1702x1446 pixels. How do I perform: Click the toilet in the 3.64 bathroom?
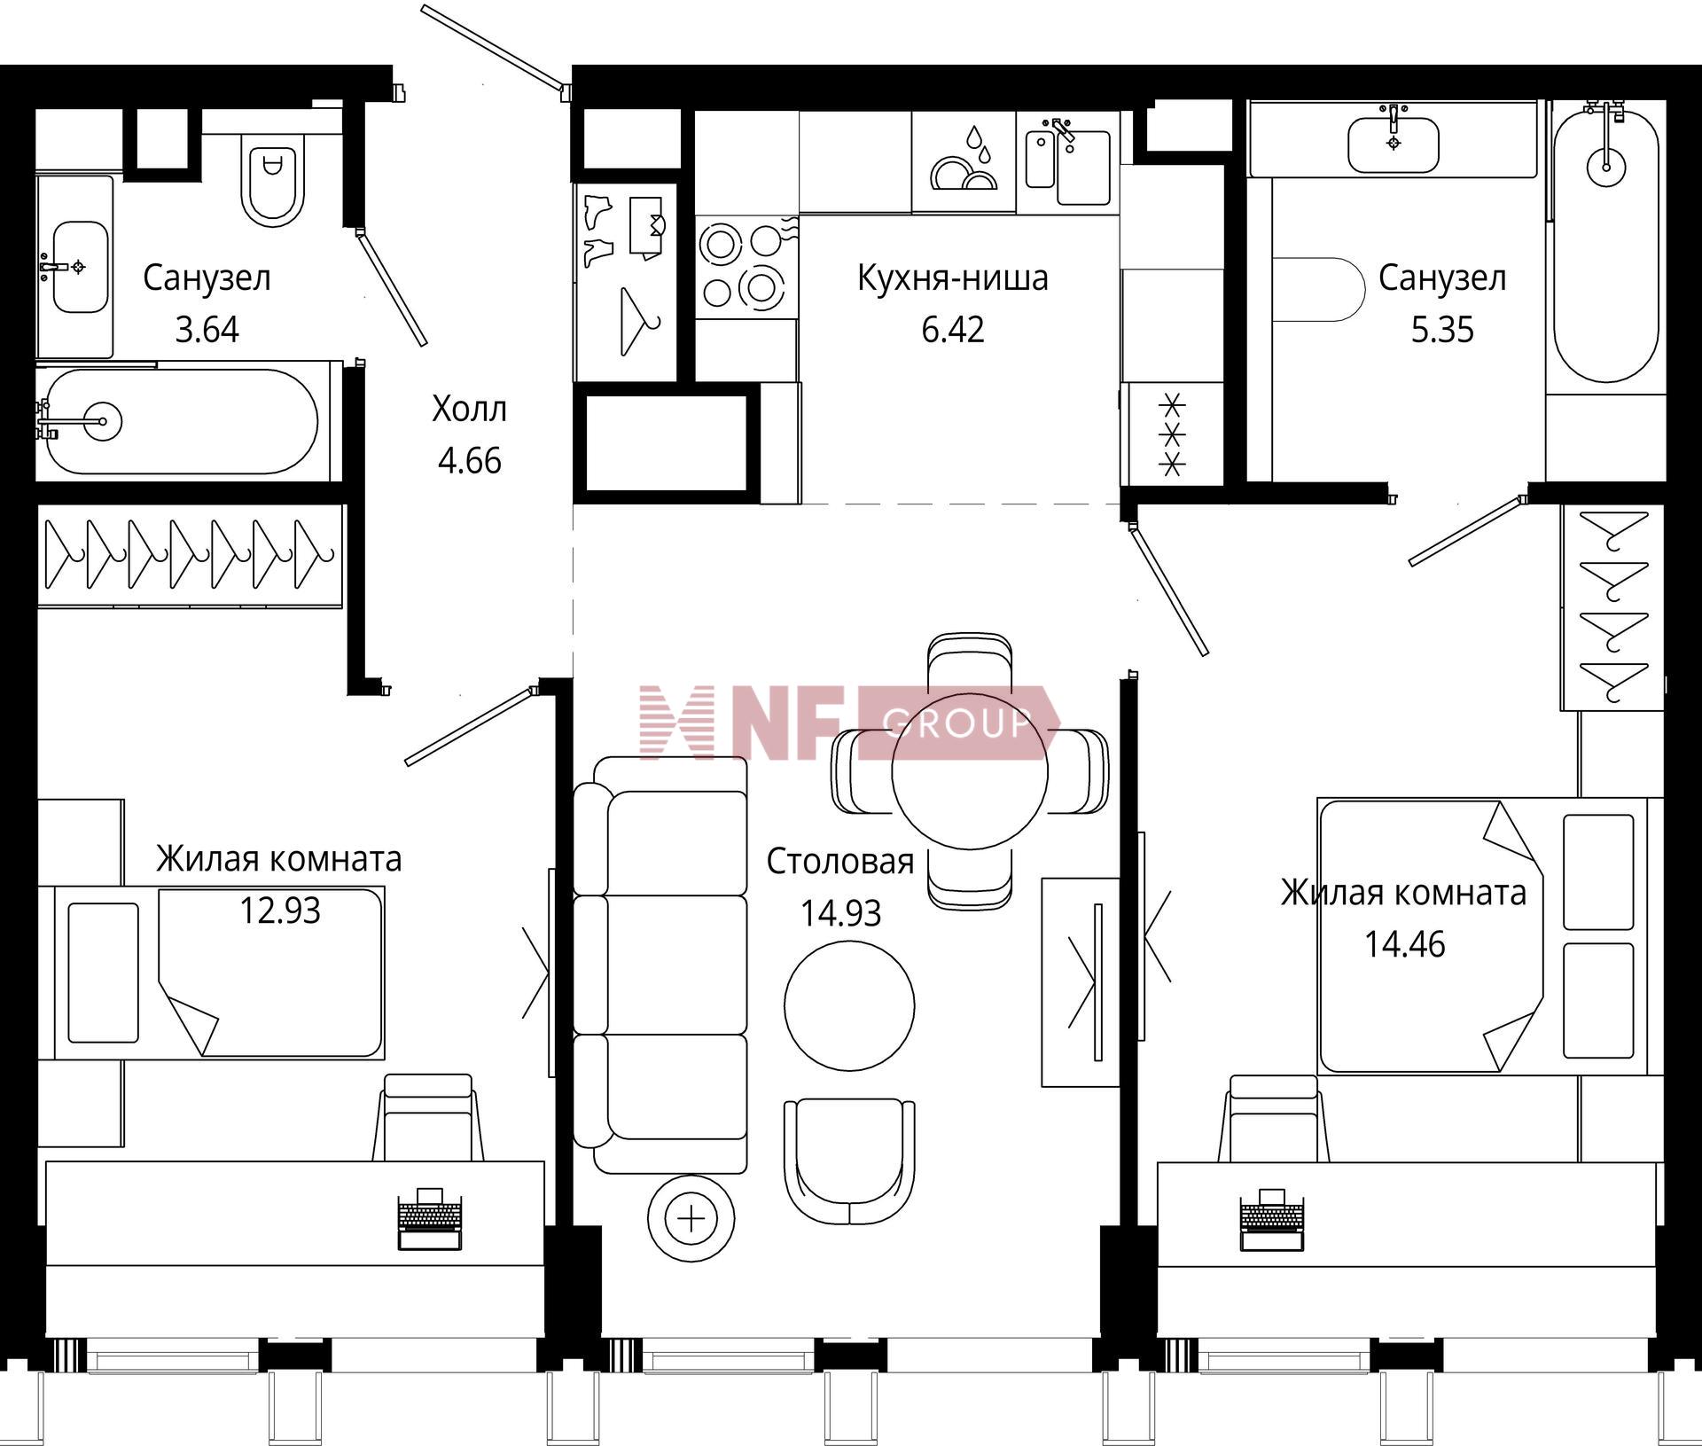(273, 182)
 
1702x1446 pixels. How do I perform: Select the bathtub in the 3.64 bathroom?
(182, 421)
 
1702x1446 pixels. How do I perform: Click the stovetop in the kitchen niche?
(746, 267)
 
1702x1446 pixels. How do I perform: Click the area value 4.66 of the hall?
(469, 461)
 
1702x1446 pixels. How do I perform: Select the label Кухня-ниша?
(952, 278)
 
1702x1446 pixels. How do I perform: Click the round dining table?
(970, 771)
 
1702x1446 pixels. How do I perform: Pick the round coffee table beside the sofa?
(849, 1005)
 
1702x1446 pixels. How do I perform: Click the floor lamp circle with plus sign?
(691, 1219)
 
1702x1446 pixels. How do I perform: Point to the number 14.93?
(840, 913)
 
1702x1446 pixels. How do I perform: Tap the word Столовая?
(839, 862)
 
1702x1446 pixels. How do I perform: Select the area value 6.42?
(952, 330)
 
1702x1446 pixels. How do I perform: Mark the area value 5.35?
(1442, 330)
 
